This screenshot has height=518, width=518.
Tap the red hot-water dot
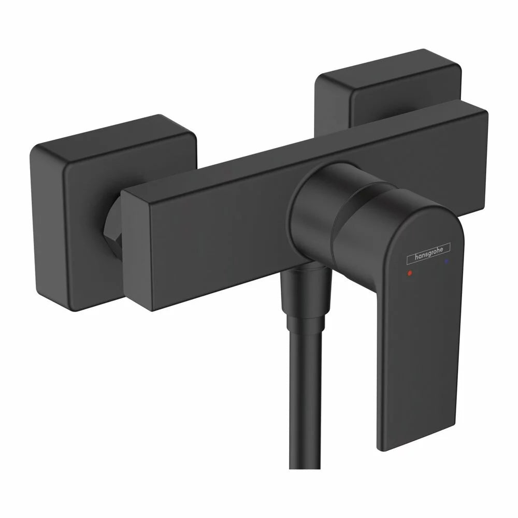tap(410, 273)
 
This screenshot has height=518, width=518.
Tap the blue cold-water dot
tap(447, 261)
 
